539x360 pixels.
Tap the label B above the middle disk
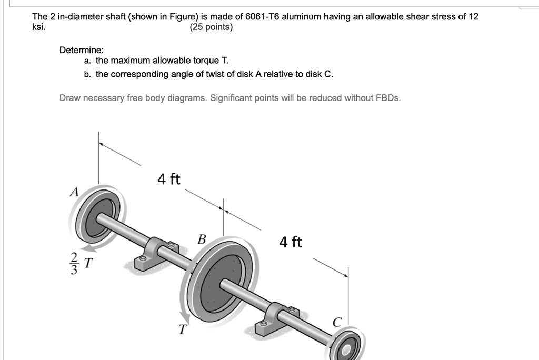point(201,239)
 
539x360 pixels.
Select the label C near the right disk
point(337,321)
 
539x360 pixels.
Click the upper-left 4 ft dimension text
point(168,179)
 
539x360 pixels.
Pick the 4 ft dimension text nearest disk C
point(291,242)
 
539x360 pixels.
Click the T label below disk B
point(182,330)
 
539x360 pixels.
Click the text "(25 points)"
point(211,27)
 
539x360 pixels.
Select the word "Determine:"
point(82,50)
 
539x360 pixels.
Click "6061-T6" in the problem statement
point(262,17)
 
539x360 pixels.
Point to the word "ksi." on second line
point(39,27)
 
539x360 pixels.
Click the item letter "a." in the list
point(87,62)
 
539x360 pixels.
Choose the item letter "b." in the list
point(87,74)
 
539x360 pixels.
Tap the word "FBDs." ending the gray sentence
point(387,98)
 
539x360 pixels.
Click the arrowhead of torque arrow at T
point(186,318)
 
